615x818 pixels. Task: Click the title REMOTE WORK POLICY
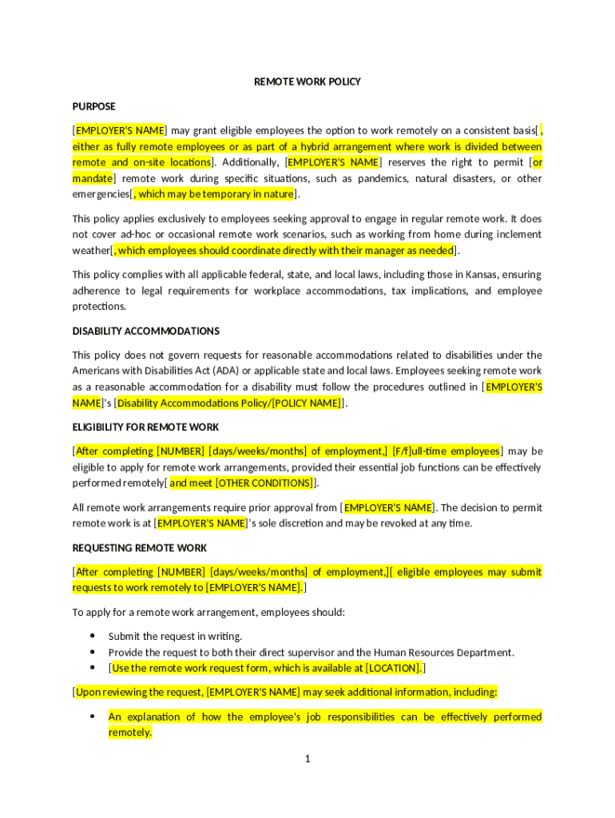(x=307, y=81)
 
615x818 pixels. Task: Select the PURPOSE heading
(x=93, y=106)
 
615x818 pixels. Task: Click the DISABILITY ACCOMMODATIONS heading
(x=145, y=331)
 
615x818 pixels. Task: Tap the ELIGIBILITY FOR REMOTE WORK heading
(x=145, y=427)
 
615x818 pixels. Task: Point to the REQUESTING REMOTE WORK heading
(x=140, y=548)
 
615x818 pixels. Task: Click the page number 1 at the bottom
(x=307, y=758)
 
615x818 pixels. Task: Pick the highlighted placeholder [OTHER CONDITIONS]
(x=264, y=482)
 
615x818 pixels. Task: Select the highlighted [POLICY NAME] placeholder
(x=307, y=403)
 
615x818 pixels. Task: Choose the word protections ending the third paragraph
(x=100, y=307)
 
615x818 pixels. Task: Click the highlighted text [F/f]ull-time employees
(x=446, y=451)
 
